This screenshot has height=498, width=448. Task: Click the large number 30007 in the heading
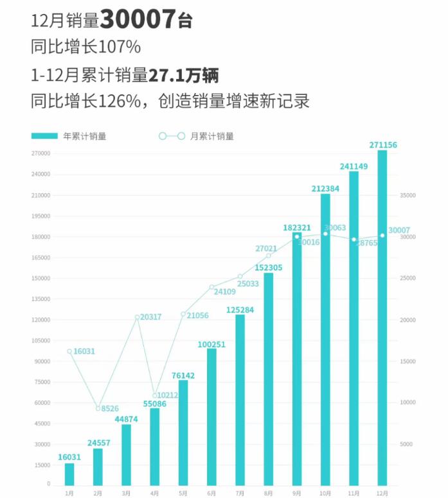(x=138, y=20)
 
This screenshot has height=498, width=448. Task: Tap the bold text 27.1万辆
(x=184, y=75)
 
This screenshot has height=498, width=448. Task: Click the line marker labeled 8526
(x=98, y=408)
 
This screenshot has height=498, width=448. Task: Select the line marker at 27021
(x=269, y=256)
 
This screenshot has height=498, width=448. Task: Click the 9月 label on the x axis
(x=296, y=493)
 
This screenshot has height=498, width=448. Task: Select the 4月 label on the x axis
(x=154, y=493)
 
